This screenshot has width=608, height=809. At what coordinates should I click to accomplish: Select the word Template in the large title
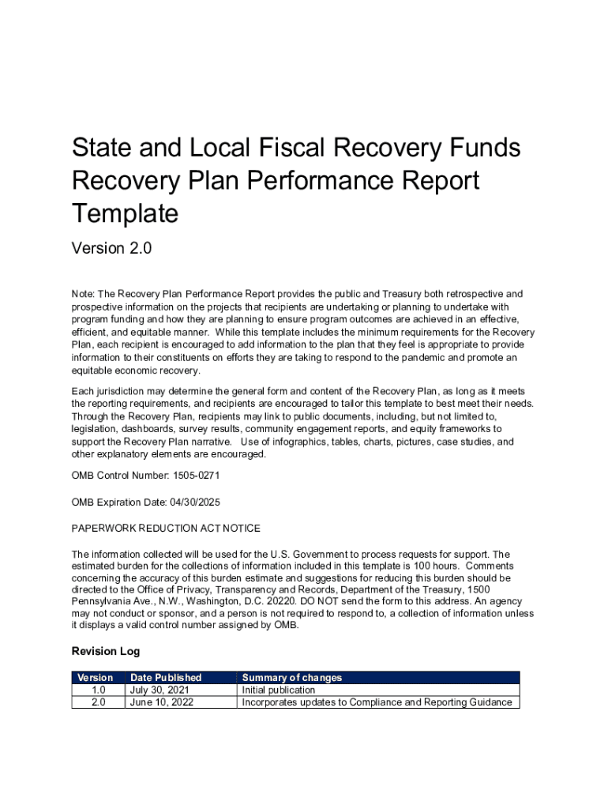tap(125, 213)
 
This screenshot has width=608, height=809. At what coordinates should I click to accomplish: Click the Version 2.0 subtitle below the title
tap(111, 249)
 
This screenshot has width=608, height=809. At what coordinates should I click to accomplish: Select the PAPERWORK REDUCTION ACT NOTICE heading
tap(166, 528)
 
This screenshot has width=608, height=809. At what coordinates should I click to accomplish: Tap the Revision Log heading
tap(106, 651)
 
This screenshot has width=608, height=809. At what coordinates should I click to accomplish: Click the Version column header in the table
tap(96, 678)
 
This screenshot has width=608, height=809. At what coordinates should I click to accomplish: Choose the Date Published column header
tap(166, 678)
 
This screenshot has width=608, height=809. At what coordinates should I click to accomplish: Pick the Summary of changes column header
tap(291, 678)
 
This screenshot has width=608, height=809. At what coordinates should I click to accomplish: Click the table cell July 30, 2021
tap(160, 690)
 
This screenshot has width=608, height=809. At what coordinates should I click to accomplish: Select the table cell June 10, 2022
tap(161, 702)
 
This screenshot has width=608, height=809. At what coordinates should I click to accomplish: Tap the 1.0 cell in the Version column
tap(98, 690)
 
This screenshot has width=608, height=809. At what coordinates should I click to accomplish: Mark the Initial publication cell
tap(278, 690)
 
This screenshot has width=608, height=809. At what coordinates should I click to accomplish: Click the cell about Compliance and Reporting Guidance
tap(377, 702)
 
